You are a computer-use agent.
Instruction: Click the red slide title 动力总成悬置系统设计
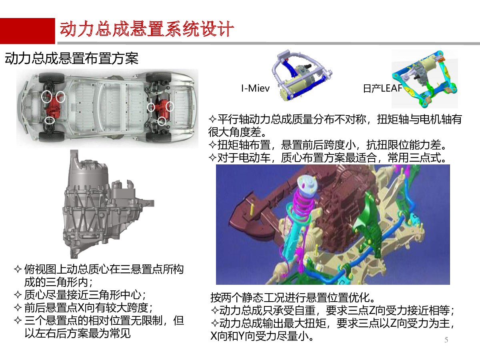coord(147,29)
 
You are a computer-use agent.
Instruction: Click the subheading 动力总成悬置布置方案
coord(72,58)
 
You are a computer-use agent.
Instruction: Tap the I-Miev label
coord(255,88)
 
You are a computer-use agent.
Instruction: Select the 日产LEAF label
coord(382,88)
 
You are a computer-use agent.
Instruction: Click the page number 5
coord(446,340)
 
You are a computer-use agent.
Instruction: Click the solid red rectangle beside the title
coord(28,31)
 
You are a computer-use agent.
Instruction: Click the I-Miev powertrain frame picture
coord(302,76)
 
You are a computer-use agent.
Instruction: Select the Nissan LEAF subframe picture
coord(424,79)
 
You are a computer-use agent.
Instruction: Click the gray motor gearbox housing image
coord(108,204)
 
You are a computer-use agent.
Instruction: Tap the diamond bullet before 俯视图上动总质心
coord(18,269)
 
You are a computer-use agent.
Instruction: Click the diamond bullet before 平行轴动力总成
coord(212,119)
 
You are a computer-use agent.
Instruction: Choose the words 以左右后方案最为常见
coord(78,333)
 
